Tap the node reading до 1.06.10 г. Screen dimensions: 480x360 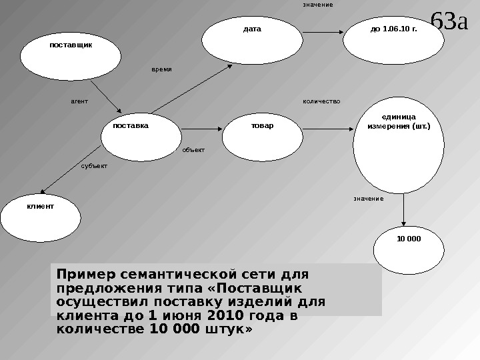coord(388,37)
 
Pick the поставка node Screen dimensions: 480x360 coord(133,131)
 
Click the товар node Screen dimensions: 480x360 coord(262,127)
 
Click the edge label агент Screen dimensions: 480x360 coord(79,102)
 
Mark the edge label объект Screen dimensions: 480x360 coord(193,151)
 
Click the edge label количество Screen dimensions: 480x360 coord(321,102)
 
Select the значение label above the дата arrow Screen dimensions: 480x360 coord(317,5)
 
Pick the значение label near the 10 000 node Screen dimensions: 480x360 coord(368,199)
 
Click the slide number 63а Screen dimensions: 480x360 coord(450,21)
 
